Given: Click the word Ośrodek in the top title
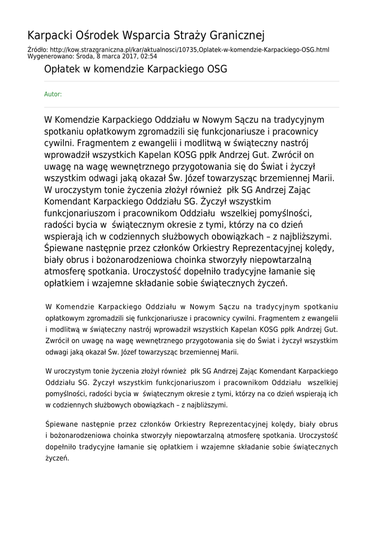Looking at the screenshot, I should [x=98, y=36].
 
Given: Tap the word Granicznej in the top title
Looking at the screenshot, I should [x=234, y=36].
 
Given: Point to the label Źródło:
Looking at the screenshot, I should [x=37, y=49].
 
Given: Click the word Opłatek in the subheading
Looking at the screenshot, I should [x=61, y=69].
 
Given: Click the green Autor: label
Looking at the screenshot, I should [x=53, y=94].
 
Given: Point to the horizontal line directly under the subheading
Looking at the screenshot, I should [x=191, y=81].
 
